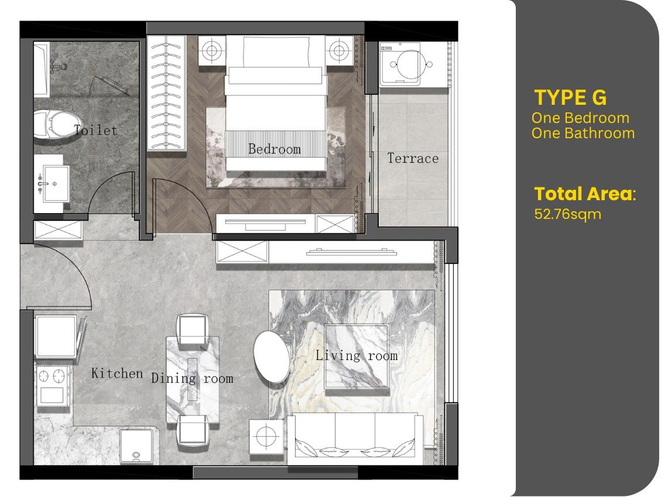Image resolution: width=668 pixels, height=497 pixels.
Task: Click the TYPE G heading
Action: (570, 98)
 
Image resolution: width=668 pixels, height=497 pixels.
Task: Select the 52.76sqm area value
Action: (567, 214)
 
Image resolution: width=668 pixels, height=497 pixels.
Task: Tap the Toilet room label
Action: (95, 130)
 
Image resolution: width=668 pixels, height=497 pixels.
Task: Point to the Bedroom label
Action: (275, 149)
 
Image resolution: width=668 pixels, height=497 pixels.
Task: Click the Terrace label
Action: (413, 159)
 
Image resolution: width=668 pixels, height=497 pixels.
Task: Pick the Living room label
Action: (357, 355)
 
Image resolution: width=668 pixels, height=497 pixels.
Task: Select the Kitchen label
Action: (117, 373)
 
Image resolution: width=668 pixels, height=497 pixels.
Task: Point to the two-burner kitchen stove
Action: (52, 385)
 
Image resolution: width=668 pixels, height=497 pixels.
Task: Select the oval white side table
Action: (272, 357)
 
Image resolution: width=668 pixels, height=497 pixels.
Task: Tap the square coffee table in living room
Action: (357, 357)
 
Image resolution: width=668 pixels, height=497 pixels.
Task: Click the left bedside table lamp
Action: (212, 51)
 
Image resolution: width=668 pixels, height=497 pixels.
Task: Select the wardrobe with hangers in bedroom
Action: (167, 93)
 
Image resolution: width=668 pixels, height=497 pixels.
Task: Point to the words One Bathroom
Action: (583, 133)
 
